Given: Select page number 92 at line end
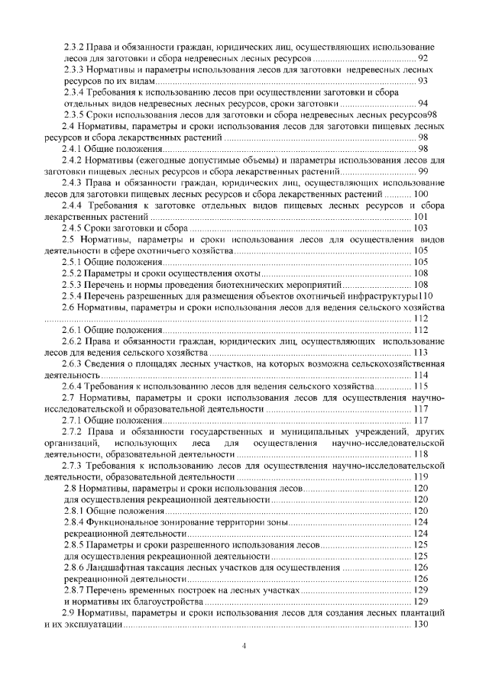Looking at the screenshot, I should (x=423, y=58).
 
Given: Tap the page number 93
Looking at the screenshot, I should (x=423, y=80).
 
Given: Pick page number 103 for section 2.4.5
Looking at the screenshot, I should (x=420, y=228).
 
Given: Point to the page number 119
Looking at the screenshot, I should (x=420, y=476).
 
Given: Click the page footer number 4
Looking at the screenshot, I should (x=244, y=646).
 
